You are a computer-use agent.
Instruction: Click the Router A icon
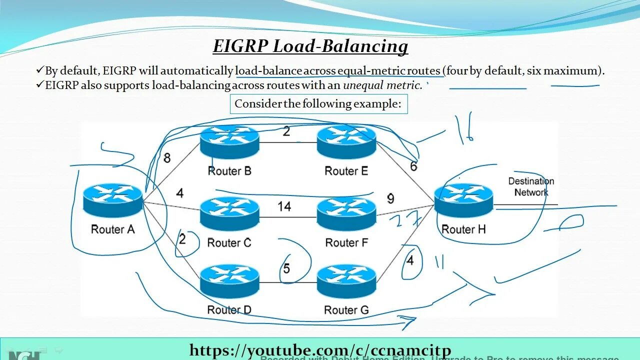(x=112, y=199)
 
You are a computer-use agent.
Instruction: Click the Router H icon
(x=463, y=200)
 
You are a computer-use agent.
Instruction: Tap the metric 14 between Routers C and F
(x=284, y=206)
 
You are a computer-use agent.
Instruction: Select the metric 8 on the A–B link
(x=167, y=158)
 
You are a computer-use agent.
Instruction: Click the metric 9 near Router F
(x=390, y=198)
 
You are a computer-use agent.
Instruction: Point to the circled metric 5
(x=286, y=268)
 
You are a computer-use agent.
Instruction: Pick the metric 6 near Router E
(x=413, y=166)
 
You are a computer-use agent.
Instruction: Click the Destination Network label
(x=531, y=186)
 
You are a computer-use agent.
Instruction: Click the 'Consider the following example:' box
(x=318, y=104)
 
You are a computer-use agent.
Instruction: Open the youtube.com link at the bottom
(x=320, y=350)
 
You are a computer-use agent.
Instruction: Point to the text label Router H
(x=463, y=229)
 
